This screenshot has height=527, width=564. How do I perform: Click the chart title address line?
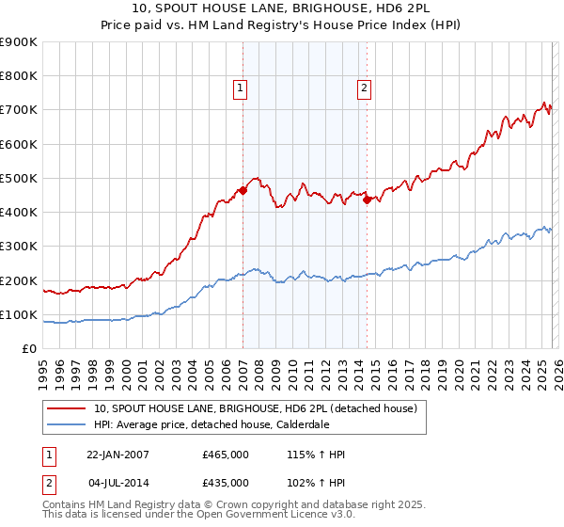282,8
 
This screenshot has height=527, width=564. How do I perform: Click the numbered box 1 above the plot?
241,89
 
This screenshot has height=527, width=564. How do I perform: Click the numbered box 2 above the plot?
364,89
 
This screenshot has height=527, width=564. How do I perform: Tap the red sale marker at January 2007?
243,190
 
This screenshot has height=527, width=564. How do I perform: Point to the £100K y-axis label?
19,314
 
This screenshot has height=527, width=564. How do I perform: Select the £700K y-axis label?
19,110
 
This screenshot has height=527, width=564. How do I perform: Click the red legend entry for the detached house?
260,408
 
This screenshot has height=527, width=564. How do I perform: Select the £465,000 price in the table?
226,455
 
